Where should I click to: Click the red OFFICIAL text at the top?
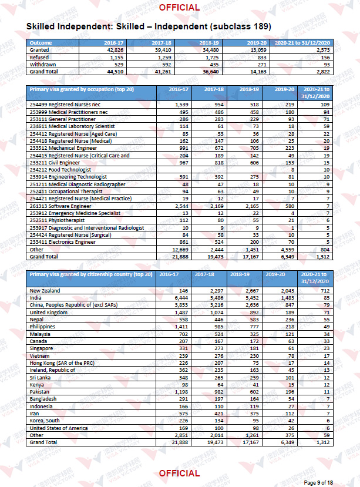179,8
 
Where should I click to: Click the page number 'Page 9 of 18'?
318,483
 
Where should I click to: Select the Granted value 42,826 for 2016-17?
115,50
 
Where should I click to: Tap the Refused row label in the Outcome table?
39,58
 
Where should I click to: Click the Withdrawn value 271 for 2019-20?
262,65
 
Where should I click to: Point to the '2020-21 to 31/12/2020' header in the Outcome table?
302,43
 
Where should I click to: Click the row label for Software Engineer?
60,206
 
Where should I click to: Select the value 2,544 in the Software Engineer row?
181,206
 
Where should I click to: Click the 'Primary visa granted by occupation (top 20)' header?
82,89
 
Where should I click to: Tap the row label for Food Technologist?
60,170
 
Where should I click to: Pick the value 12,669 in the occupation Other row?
180,250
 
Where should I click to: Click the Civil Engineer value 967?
184,163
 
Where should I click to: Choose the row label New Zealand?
45,291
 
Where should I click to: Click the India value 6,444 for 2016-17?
181,298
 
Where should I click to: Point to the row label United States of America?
58,428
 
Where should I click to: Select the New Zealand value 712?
325,291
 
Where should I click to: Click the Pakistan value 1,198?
181,392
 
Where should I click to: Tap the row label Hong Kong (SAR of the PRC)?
62,363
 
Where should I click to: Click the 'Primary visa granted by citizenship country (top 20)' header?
91,274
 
